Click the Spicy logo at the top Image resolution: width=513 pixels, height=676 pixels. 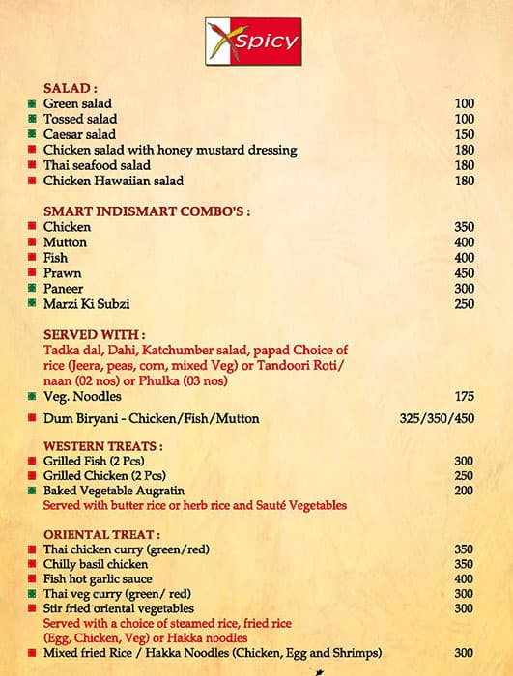(253, 42)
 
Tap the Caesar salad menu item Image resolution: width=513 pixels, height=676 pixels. (79, 134)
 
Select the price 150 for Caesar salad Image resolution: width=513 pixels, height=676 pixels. (465, 134)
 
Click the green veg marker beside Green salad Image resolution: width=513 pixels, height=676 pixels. (32, 103)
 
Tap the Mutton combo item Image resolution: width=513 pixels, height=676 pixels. (65, 242)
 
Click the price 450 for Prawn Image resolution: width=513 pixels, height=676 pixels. (465, 273)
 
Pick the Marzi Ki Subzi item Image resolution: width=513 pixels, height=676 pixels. (86, 304)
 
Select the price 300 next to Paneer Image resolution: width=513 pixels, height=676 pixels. (465, 289)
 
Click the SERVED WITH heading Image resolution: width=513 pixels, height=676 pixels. (89, 333)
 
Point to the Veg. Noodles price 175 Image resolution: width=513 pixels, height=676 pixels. (465, 396)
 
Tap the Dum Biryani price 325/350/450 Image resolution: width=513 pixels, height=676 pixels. (437, 419)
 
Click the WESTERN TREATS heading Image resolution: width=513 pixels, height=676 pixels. (103, 446)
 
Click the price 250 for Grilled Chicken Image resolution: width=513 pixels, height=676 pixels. (465, 476)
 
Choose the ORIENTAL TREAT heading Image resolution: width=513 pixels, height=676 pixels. (101, 533)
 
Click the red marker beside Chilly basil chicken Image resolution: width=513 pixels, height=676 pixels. (32, 564)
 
